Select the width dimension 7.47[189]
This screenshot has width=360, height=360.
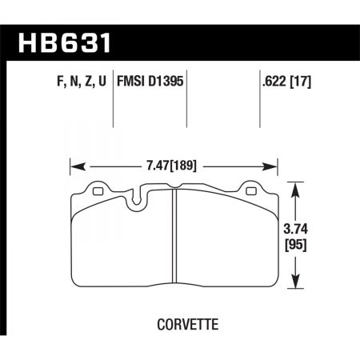(173, 167)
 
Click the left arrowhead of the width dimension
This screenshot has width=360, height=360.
(75, 167)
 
